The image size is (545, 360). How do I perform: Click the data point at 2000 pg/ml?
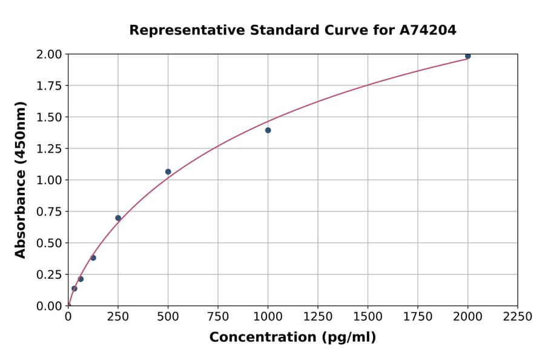(x=467, y=56)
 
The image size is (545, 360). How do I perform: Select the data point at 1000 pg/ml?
(x=268, y=130)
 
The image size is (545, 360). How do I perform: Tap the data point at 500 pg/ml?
(x=168, y=172)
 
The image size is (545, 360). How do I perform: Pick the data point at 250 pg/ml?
(x=118, y=218)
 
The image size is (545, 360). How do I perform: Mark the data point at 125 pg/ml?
(x=93, y=258)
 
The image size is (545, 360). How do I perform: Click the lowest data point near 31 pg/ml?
(x=74, y=288)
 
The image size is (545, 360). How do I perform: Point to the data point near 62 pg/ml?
(x=81, y=279)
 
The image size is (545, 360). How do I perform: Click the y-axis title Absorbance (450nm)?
(x=21, y=180)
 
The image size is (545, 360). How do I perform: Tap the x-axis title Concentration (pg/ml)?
(x=292, y=338)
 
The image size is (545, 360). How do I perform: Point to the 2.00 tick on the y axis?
(x=49, y=55)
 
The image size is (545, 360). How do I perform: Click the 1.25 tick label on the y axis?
(x=49, y=148)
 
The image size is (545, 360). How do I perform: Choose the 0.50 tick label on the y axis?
(x=49, y=243)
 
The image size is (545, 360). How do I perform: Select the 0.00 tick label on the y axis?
(x=49, y=306)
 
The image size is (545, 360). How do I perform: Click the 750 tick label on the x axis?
(x=218, y=317)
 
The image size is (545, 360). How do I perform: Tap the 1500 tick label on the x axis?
(x=368, y=317)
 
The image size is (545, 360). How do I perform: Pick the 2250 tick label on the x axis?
(x=517, y=317)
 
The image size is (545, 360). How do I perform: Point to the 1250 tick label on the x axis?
(x=317, y=317)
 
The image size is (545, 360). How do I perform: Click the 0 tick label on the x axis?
(x=68, y=317)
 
